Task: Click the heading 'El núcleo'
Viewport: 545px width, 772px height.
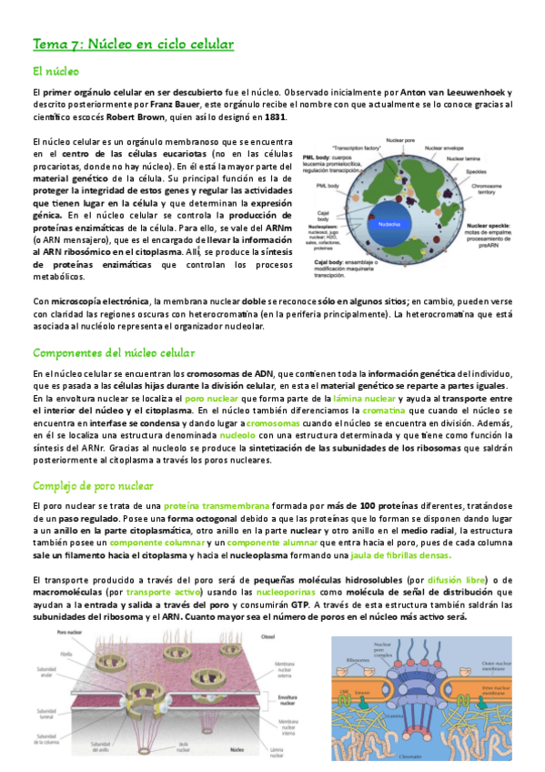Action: (x=56, y=70)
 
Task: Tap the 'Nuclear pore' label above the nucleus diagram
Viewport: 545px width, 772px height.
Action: (x=401, y=141)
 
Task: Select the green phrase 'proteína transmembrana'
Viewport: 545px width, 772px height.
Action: (x=208, y=505)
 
